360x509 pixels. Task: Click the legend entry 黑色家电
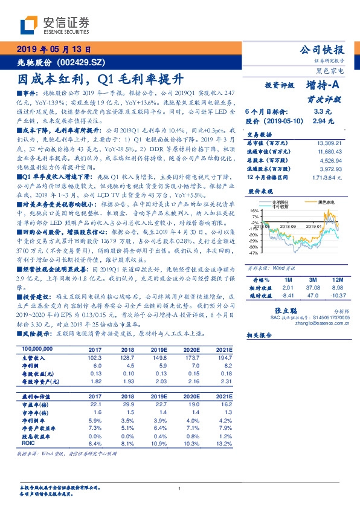318,201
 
